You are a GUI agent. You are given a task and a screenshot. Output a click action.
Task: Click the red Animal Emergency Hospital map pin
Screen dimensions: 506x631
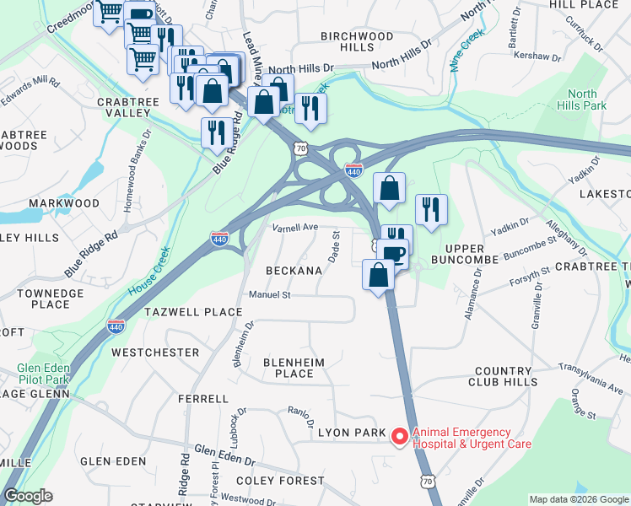(x=399, y=436)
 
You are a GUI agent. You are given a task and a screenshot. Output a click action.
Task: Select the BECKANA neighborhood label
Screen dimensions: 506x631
(x=294, y=271)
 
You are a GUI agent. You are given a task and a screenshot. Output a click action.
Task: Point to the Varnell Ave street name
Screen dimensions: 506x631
(x=294, y=228)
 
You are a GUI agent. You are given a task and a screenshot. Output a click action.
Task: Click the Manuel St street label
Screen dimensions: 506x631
(x=269, y=295)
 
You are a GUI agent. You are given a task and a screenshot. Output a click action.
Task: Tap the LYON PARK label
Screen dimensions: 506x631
(x=352, y=433)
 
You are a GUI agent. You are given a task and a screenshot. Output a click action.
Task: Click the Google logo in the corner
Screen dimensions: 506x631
(x=29, y=496)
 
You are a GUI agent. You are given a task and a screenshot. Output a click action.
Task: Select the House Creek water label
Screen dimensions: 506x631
(x=150, y=269)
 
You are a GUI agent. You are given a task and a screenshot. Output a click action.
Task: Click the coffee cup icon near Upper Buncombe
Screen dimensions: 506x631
(x=392, y=253)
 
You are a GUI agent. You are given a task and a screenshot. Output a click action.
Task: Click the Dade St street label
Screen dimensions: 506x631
(x=334, y=246)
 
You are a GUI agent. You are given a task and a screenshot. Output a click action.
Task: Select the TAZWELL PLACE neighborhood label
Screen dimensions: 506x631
(x=193, y=312)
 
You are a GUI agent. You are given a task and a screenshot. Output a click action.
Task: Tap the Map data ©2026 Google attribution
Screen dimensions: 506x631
(x=578, y=499)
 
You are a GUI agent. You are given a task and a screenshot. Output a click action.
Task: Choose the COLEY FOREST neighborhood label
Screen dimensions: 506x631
(x=281, y=481)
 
